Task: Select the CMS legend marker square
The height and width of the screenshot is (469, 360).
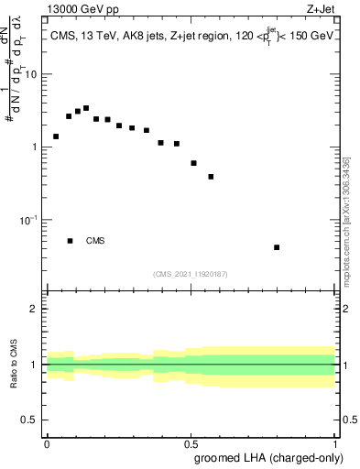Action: point(71,241)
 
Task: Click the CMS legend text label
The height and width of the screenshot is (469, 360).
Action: point(95,241)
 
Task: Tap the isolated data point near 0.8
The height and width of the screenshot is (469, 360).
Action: point(277,247)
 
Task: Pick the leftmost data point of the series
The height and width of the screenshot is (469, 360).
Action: point(56,136)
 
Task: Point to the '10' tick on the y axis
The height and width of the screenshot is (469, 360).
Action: point(31,74)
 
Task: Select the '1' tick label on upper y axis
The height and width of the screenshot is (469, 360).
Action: point(35,147)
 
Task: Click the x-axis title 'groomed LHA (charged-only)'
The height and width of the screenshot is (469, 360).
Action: point(265,456)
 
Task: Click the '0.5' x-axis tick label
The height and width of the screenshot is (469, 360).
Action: point(191,442)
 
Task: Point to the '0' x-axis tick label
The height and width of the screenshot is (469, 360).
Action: point(47,442)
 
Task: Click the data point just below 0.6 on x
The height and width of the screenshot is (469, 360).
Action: point(211,177)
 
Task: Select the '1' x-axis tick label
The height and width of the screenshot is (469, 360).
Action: point(334,442)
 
